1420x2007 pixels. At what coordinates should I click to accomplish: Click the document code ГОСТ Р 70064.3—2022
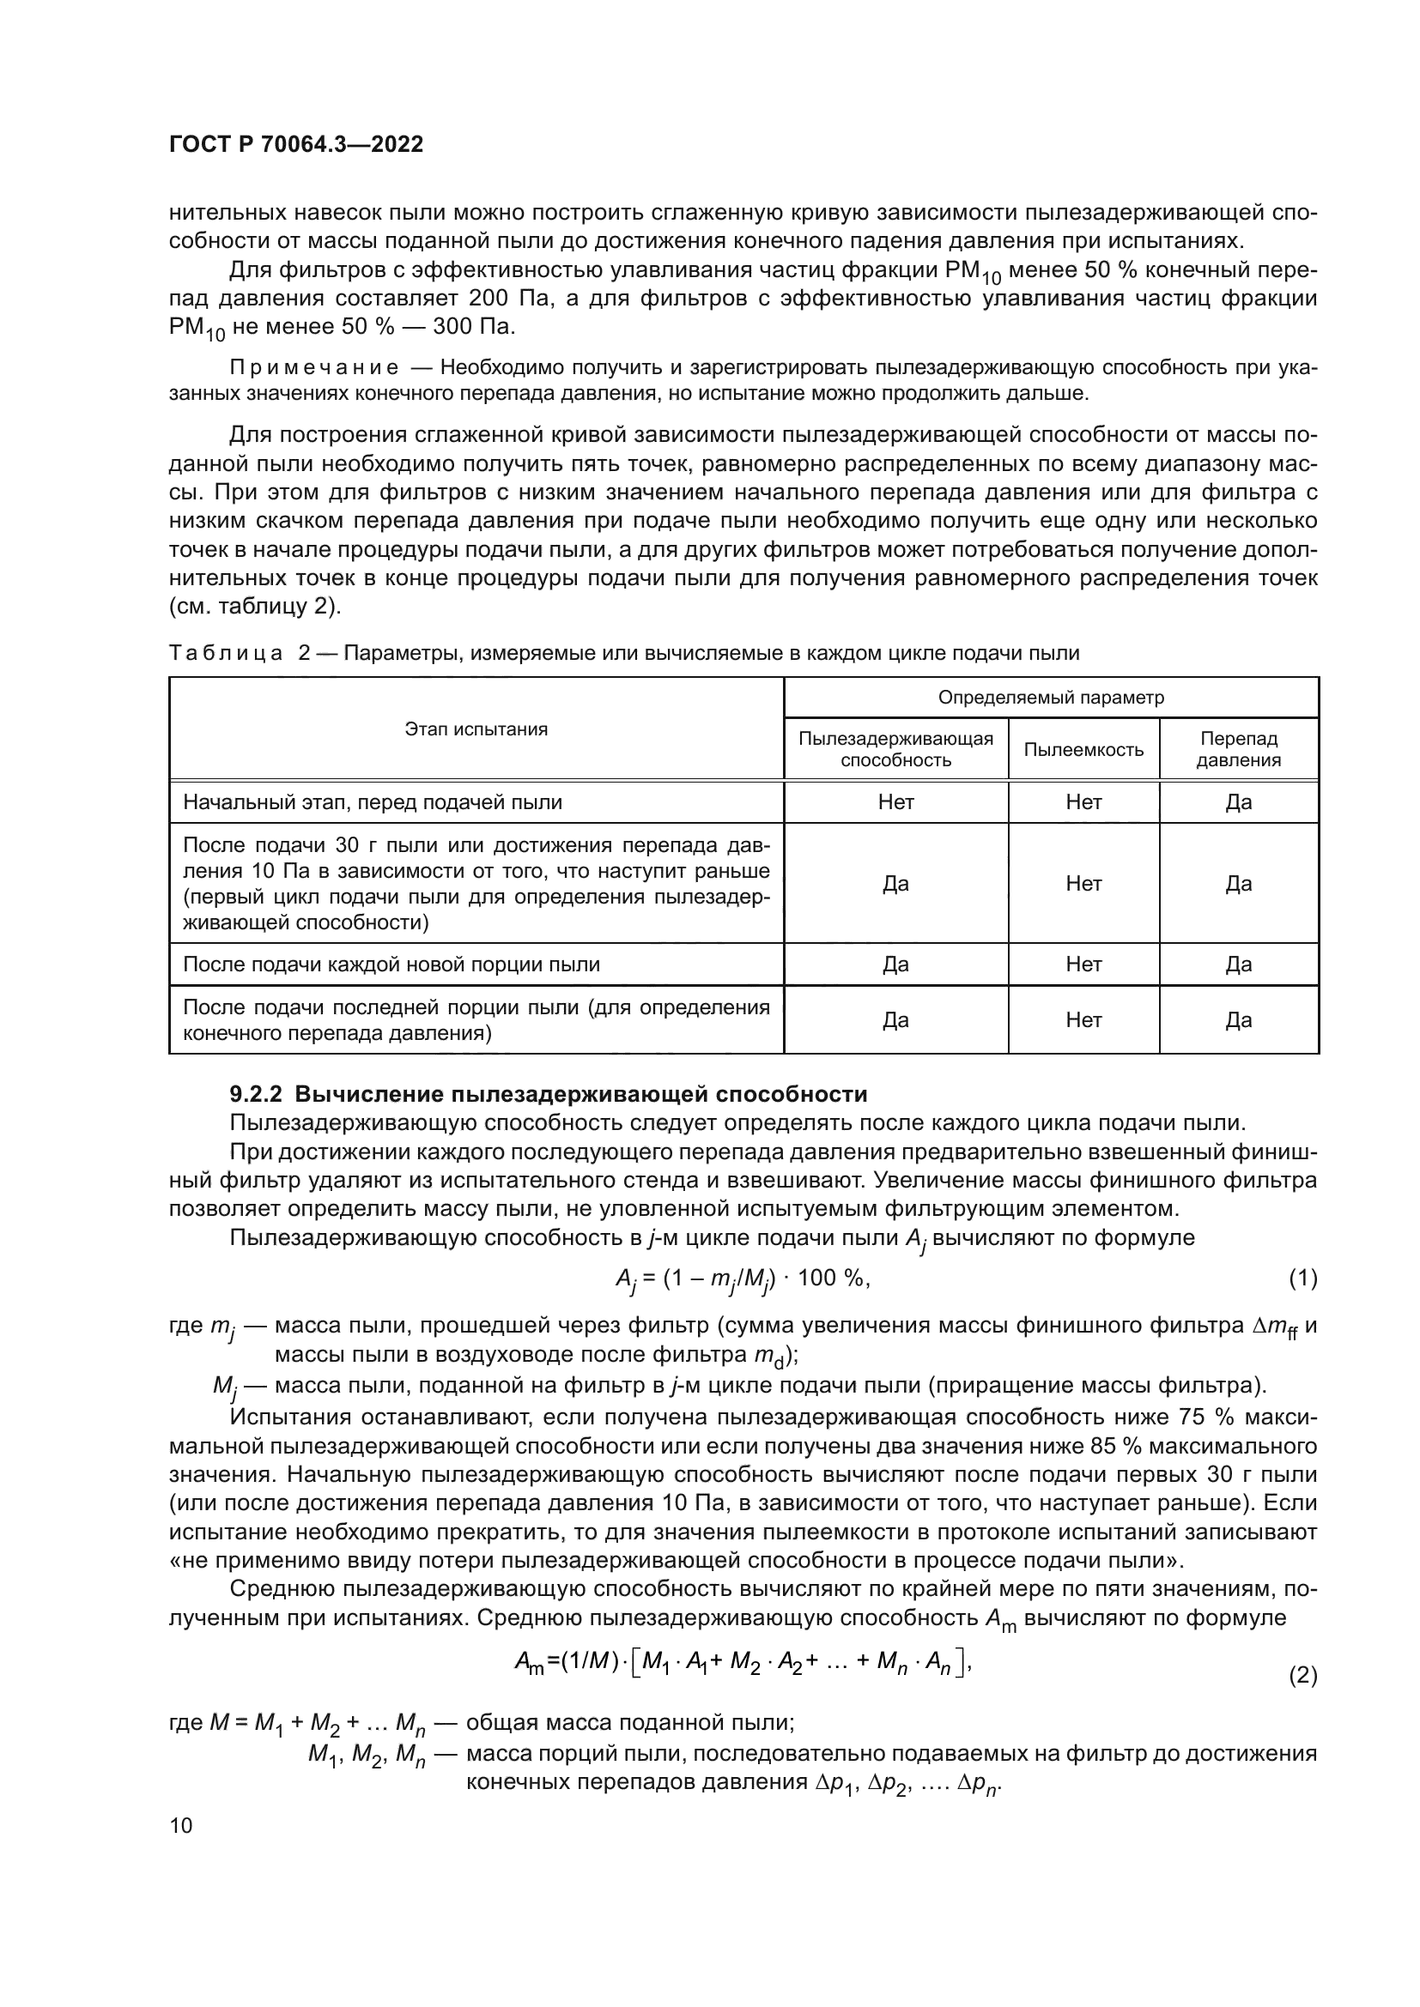[x=295, y=144]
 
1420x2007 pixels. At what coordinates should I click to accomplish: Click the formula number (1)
[x=1302, y=1279]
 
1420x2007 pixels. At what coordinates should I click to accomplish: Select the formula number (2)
[x=1302, y=1676]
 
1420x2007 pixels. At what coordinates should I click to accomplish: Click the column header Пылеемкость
[x=1083, y=749]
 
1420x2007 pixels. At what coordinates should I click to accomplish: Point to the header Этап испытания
[x=476, y=729]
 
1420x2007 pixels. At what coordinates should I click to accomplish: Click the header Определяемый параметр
[x=1051, y=698]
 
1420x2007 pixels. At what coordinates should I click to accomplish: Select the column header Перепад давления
[x=1238, y=749]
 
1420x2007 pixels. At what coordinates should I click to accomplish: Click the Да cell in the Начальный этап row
[x=1238, y=802]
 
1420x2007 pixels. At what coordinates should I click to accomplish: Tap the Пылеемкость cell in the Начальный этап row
[x=1083, y=802]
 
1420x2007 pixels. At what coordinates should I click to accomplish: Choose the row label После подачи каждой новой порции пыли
[x=391, y=964]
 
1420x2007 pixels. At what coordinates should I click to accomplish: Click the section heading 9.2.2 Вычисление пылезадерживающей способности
[x=549, y=1094]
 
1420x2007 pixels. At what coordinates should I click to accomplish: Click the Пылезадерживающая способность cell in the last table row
[x=895, y=1020]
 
